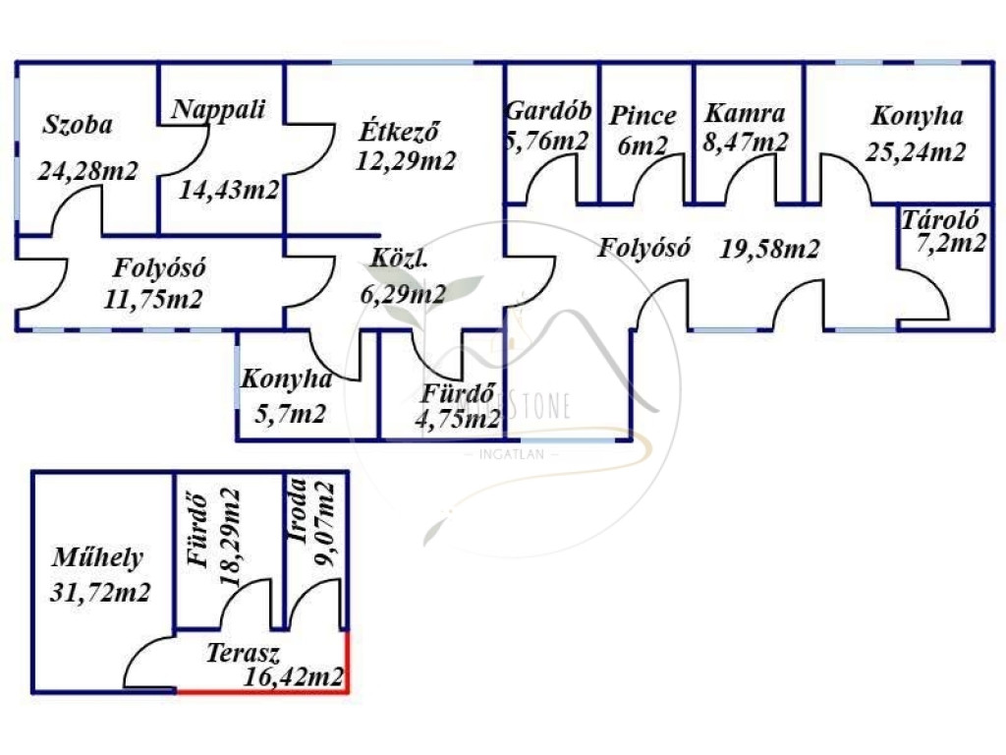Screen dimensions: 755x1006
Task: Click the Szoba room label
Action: point(79,125)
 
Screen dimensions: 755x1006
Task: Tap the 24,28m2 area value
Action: point(88,170)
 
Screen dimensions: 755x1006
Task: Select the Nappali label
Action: point(218,109)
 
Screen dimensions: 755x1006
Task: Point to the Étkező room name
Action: point(399,130)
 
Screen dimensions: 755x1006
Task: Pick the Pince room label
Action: point(643,116)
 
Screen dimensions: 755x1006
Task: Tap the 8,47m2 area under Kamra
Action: point(747,142)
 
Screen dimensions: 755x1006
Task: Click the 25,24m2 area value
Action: point(916,152)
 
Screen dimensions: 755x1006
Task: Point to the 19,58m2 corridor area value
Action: point(769,249)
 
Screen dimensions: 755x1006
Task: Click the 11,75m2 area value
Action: point(152,298)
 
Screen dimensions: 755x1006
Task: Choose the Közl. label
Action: point(397,261)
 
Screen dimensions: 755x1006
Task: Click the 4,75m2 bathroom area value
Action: point(457,420)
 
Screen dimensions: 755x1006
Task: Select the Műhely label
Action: point(97,558)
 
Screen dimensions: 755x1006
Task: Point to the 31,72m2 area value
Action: point(98,592)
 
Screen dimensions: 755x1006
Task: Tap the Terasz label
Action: point(245,652)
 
